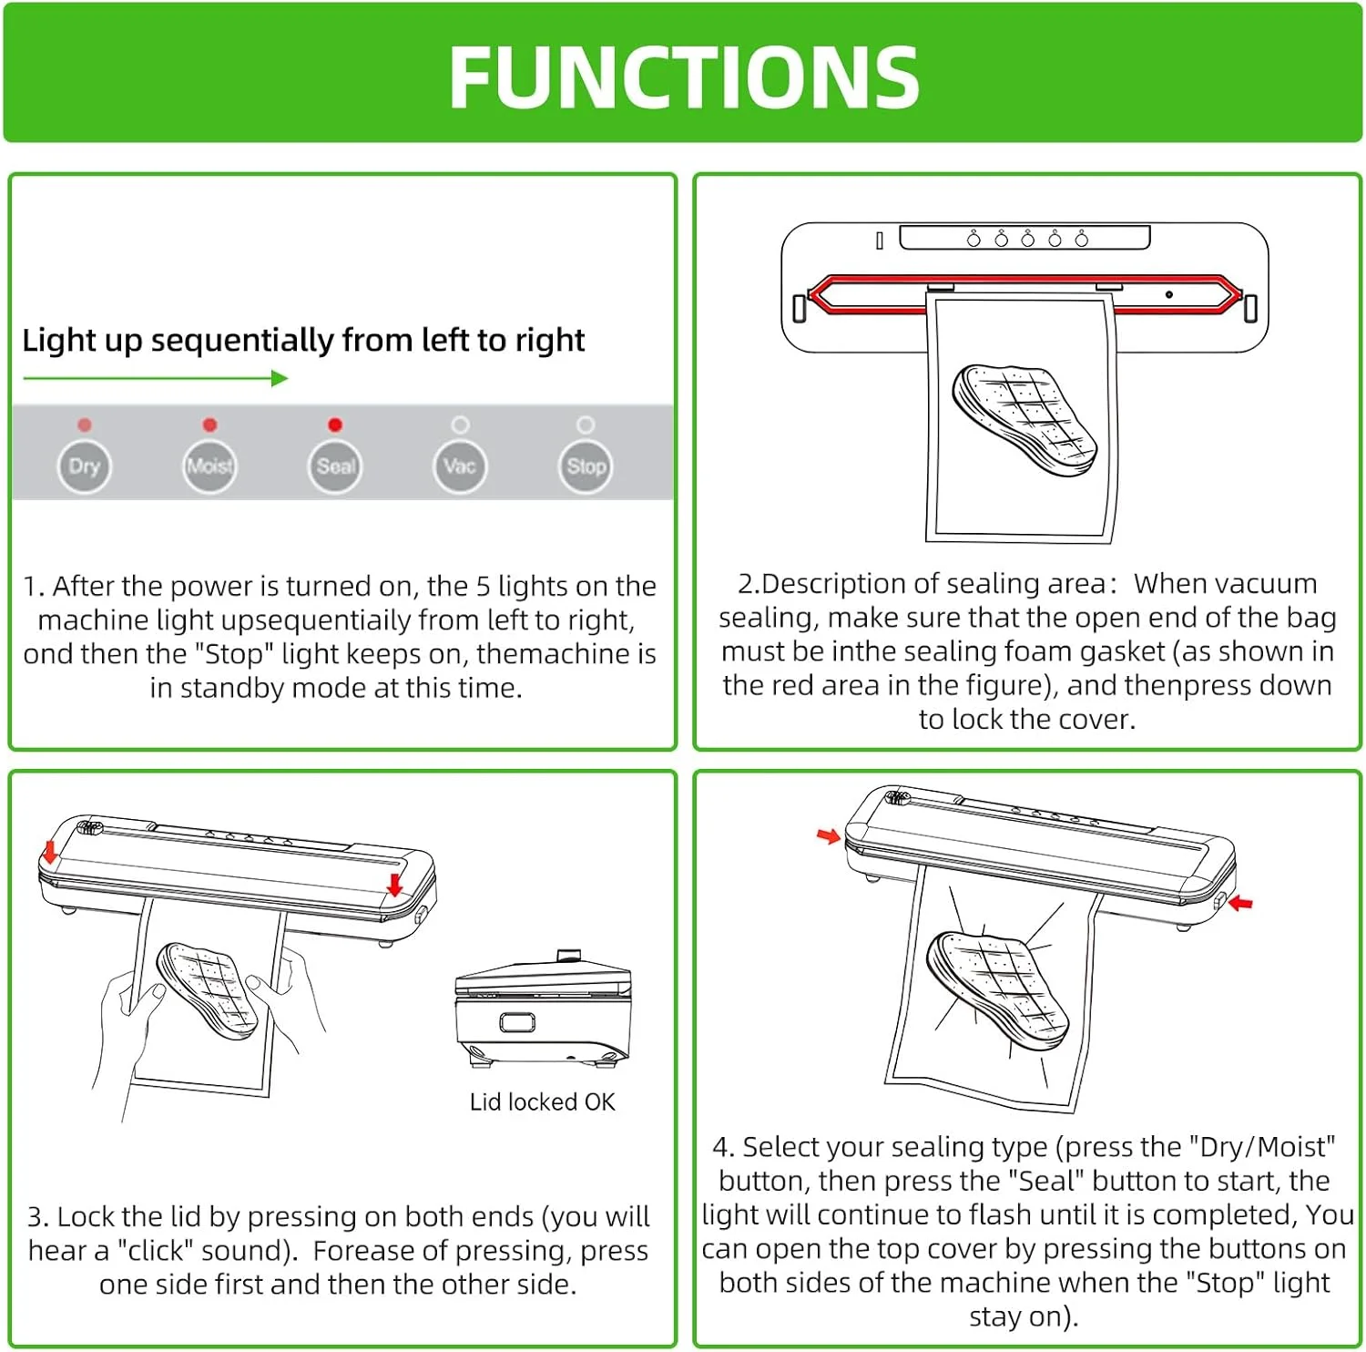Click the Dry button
coord(84,466)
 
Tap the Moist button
coord(209,466)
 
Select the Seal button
coord(335,466)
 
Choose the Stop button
coord(586,466)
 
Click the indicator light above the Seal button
coord(335,425)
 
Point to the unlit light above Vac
coord(460,425)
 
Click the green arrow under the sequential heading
coord(156,378)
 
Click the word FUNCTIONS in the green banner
coord(684,78)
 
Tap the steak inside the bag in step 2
coord(1024,420)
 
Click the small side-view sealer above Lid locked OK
coord(543,1009)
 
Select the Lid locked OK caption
coord(542,1102)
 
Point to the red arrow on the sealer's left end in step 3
coord(50,852)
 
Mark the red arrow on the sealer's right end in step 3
coord(394,884)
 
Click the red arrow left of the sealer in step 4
coord(829,835)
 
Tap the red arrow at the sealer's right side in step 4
coord(1240,902)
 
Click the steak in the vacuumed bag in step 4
coord(996,988)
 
